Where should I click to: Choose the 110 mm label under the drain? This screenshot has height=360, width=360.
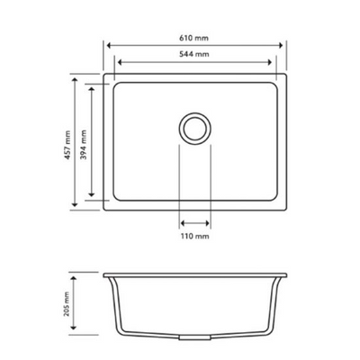(x=195, y=236)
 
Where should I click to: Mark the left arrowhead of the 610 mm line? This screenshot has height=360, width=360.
(x=108, y=42)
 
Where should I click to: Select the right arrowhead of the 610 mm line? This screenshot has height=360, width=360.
(x=283, y=42)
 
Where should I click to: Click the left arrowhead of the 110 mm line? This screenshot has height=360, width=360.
(x=181, y=219)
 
